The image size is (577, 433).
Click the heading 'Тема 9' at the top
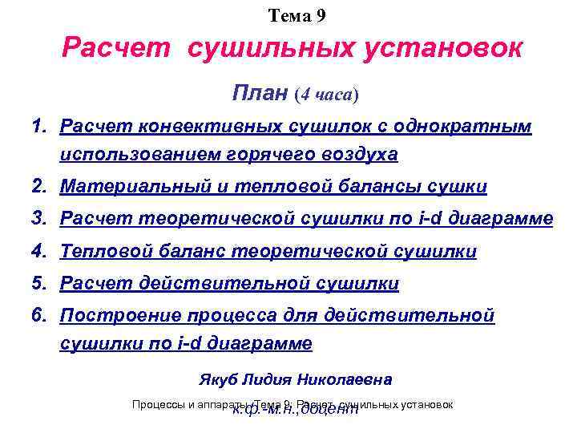297,14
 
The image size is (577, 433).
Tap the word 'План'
260,93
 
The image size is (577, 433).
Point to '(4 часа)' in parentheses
327,94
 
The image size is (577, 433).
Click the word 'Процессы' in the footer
159,405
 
